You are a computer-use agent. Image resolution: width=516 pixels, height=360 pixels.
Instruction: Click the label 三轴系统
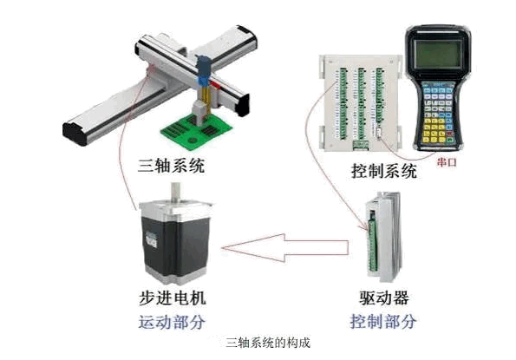pyautogui.click(x=171, y=166)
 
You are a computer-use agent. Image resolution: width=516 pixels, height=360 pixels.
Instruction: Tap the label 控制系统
pyautogui.click(x=384, y=171)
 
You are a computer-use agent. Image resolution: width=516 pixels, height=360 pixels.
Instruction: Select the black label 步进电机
pyautogui.click(x=172, y=298)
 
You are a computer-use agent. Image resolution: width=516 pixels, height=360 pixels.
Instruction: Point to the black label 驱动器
pyautogui.click(x=383, y=298)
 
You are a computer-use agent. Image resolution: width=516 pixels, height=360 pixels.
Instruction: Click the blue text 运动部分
pyautogui.click(x=172, y=322)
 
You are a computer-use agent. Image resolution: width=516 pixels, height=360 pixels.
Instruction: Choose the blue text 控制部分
pyautogui.click(x=383, y=321)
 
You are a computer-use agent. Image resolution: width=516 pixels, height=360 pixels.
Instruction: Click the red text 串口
pyautogui.click(x=447, y=162)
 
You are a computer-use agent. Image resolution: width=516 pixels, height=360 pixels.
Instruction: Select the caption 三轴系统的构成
pyautogui.click(x=268, y=343)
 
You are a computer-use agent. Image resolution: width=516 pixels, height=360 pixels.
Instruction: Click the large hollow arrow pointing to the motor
pyautogui.click(x=285, y=248)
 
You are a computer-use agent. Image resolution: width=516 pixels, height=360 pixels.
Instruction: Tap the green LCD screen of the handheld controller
pyautogui.click(x=437, y=55)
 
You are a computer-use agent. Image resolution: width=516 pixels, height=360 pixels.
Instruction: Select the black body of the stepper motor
pyautogui.click(x=175, y=244)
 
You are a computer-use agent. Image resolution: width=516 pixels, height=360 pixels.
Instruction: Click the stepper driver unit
pyautogui.click(x=383, y=237)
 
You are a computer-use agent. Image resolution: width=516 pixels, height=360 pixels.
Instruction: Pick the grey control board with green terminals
pyautogui.click(x=361, y=102)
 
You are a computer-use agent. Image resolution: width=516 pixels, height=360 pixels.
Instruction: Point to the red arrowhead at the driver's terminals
pyautogui.click(x=364, y=228)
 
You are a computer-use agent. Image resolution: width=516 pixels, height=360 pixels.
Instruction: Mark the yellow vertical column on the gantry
pyautogui.click(x=205, y=98)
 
